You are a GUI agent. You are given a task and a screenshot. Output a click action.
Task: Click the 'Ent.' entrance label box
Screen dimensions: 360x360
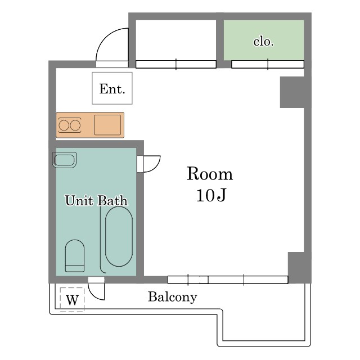point(112,88)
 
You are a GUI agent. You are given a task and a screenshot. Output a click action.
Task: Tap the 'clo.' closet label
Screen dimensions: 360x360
point(263,42)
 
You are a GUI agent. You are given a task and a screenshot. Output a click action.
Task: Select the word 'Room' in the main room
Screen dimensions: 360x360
point(209,174)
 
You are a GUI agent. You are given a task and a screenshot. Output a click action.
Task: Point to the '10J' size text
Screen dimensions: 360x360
point(211,196)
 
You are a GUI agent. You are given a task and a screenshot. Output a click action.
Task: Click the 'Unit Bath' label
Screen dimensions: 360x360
point(96,201)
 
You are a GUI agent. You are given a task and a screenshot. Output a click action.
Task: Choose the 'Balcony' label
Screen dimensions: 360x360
point(173,297)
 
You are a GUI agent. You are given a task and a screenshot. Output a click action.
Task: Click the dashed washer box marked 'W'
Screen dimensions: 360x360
point(72,299)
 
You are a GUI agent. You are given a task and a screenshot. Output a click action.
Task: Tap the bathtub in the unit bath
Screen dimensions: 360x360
point(119,236)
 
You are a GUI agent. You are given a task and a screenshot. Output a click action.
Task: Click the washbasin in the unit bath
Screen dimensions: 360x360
point(64,160)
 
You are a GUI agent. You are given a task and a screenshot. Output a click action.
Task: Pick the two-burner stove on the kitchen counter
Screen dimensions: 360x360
point(70,125)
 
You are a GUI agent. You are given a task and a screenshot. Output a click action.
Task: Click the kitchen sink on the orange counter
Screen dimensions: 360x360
point(107,125)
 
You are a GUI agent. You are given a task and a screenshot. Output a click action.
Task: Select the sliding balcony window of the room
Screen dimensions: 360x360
point(228,280)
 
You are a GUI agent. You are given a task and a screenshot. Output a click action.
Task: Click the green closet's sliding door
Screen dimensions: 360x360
point(267,64)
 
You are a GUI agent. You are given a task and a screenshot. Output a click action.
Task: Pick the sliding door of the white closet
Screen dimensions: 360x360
point(175,64)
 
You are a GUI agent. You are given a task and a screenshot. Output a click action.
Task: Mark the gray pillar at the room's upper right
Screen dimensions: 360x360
point(292,92)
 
